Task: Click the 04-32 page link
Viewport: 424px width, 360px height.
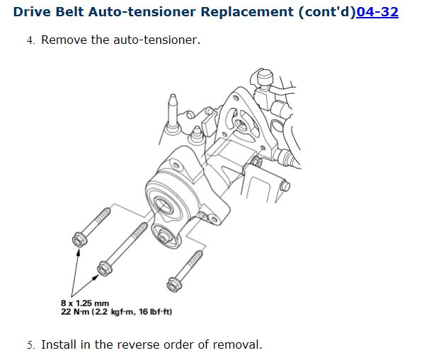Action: (x=377, y=12)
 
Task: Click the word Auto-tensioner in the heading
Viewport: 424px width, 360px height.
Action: (x=142, y=12)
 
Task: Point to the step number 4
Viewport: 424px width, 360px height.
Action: (x=30, y=40)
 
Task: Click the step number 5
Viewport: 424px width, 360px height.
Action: (x=30, y=345)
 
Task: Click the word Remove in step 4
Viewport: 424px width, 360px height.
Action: (x=64, y=40)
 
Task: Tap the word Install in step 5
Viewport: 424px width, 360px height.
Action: (x=59, y=345)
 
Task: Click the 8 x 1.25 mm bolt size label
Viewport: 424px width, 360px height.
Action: (x=85, y=303)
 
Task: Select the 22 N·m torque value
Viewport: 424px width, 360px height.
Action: (x=75, y=312)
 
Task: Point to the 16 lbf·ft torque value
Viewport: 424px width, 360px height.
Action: (x=154, y=312)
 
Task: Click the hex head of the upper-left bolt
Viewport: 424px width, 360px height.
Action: (x=79, y=239)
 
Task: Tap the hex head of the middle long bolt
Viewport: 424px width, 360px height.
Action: (x=104, y=268)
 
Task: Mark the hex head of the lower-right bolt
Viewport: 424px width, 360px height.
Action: (x=173, y=284)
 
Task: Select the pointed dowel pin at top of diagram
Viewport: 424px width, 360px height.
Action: (x=173, y=113)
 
